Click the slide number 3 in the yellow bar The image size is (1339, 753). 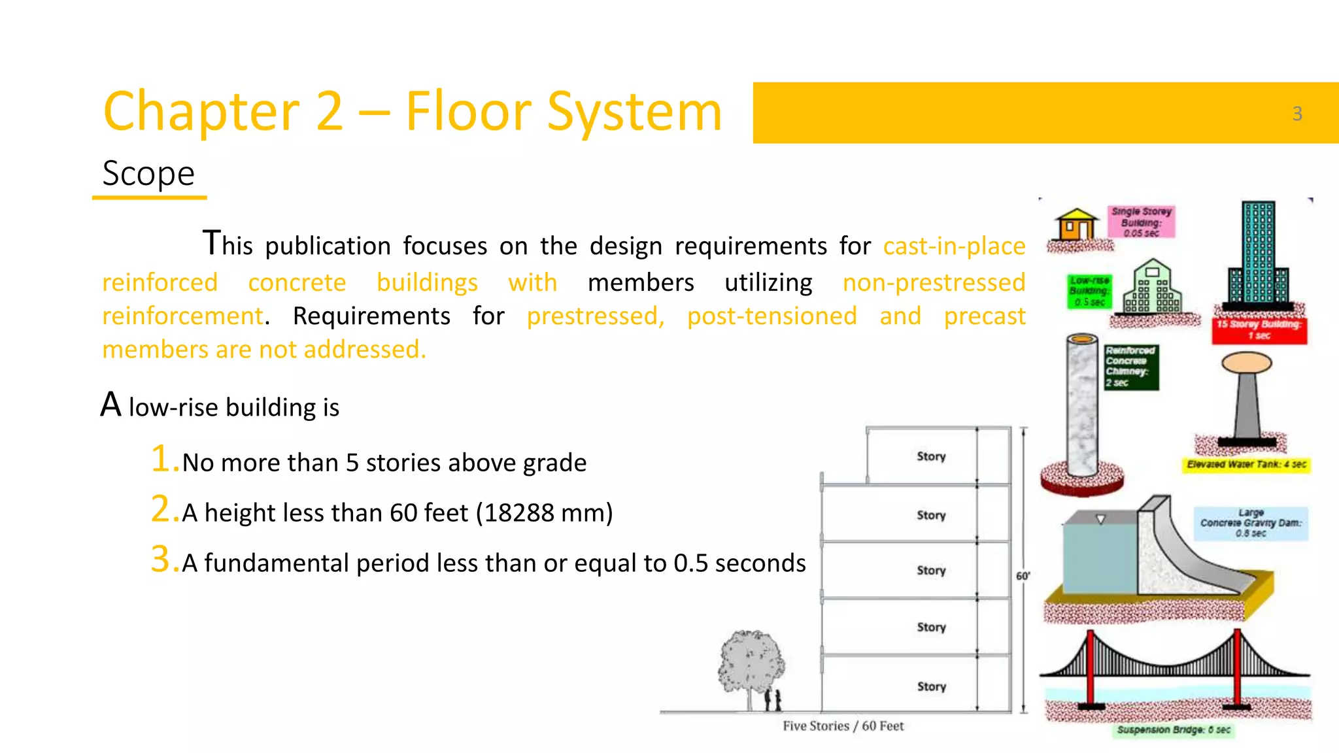tap(1297, 114)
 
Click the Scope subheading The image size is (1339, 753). tap(148, 174)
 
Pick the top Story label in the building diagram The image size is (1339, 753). tap(931, 456)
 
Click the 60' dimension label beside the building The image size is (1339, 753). tap(1023, 576)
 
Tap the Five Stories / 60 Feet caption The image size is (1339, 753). tap(843, 726)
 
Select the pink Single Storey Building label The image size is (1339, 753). tap(1141, 222)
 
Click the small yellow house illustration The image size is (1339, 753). tap(1076, 226)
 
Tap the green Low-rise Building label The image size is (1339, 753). tap(1089, 291)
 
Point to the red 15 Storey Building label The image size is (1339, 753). tap(1259, 330)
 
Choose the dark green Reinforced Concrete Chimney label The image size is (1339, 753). tap(1130, 367)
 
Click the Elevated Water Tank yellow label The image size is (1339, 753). tap(1246, 465)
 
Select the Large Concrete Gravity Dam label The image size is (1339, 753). tap(1251, 523)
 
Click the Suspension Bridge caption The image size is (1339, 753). tap(1174, 729)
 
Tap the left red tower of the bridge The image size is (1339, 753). tap(1090, 667)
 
